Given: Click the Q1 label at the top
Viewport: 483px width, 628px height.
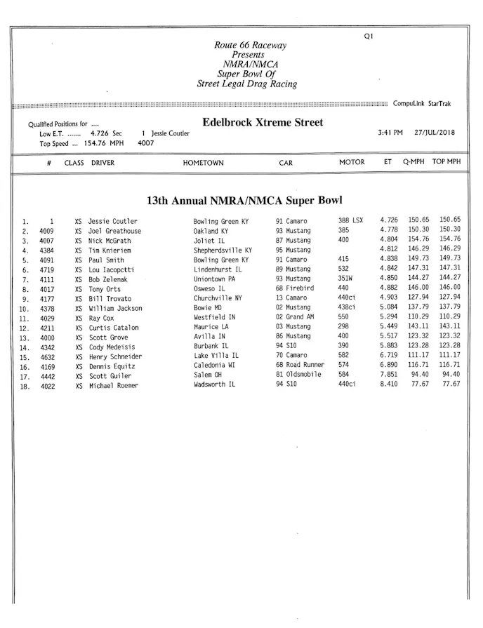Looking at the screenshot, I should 368,37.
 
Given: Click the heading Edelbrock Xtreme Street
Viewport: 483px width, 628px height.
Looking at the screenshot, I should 263,123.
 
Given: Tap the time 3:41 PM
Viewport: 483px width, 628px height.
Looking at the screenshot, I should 390,133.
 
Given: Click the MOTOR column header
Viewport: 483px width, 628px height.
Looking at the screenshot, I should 352,163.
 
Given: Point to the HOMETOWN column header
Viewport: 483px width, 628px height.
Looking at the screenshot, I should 203,163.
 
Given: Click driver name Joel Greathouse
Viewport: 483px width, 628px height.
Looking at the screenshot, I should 114,231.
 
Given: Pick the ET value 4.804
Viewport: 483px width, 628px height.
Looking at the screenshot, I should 389,240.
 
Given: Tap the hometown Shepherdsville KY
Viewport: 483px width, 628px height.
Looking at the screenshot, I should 223,250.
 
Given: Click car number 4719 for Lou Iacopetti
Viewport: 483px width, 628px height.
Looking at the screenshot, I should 47,269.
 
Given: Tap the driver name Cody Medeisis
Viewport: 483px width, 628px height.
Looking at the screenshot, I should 112,347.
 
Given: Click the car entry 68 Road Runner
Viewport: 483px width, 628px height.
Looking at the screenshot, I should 300,366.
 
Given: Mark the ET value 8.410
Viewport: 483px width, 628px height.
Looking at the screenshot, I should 389,385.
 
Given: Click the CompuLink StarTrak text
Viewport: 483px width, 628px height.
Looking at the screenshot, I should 422,104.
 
